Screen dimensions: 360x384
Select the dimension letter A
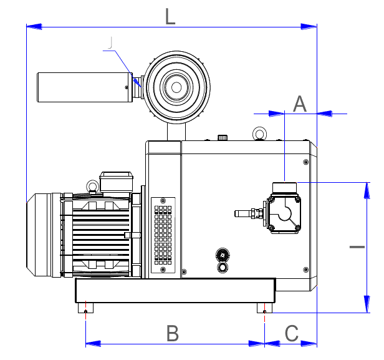click(x=300, y=104)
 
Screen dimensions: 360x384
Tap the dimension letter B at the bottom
click(x=173, y=333)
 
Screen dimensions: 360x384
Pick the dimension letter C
click(x=292, y=333)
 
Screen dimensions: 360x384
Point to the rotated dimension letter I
click(x=357, y=248)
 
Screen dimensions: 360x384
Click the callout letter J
click(x=110, y=43)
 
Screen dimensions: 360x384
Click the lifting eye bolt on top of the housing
click(x=259, y=134)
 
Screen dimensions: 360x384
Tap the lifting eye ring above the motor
click(x=92, y=185)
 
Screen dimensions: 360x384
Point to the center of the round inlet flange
click(x=176, y=85)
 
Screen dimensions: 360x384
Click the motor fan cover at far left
click(x=42, y=234)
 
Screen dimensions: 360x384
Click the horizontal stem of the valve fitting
click(x=245, y=213)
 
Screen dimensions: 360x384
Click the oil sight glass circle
click(x=222, y=267)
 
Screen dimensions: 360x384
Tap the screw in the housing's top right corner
click(x=305, y=162)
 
